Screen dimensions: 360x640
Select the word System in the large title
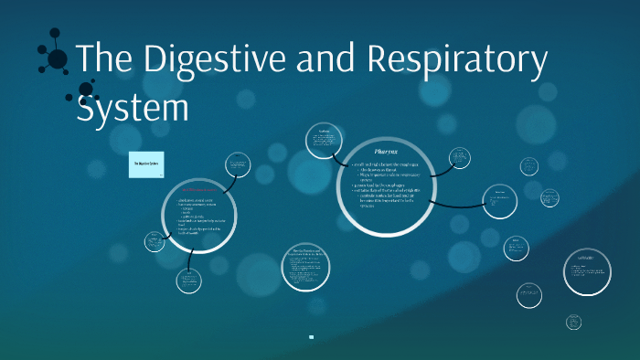(x=133, y=107)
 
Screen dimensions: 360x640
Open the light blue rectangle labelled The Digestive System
(x=146, y=164)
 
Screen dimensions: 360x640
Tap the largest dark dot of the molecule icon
(x=58, y=59)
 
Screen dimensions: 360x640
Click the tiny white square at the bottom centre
(x=312, y=337)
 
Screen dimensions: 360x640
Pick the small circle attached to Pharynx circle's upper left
(x=324, y=140)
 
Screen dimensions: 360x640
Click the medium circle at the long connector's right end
(x=500, y=201)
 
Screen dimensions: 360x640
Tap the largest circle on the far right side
(x=586, y=271)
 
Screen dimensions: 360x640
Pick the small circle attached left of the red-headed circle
(x=155, y=242)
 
